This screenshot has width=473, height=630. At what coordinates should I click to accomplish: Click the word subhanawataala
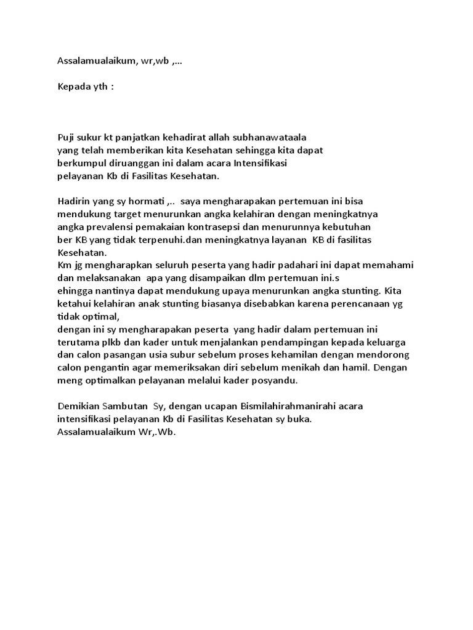(x=270, y=137)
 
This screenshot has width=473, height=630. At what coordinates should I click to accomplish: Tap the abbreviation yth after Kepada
(x=101, y=87)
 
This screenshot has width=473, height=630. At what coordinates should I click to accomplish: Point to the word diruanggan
(x=134, y=163)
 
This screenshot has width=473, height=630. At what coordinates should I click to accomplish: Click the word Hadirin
(x=75, y=202)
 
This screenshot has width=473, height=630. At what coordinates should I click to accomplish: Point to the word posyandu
(x=277, y=380)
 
